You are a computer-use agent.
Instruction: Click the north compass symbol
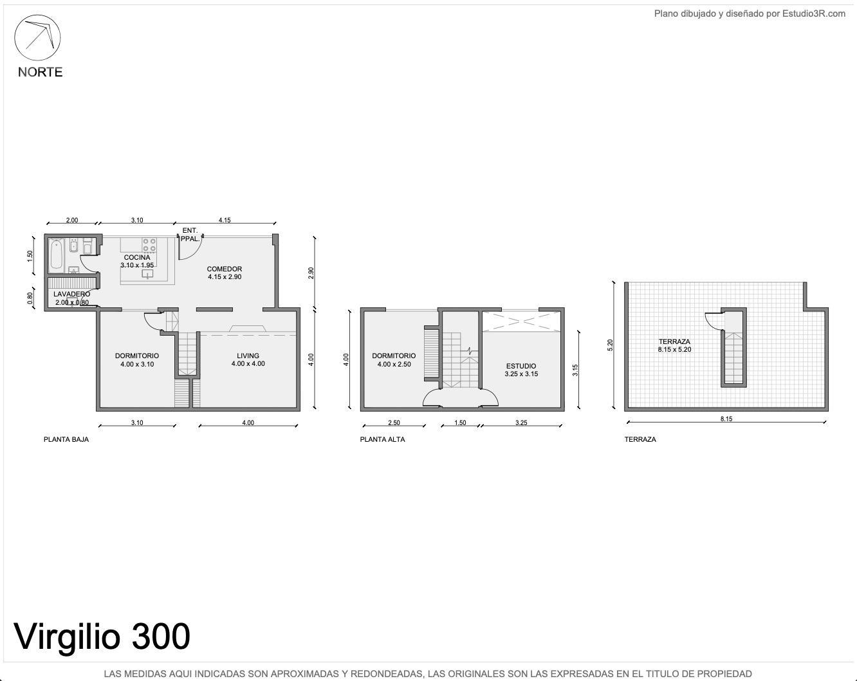pos(37,38)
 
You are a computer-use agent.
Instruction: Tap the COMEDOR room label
pos(224,269)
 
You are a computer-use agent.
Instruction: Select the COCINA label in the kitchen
pos(137,257)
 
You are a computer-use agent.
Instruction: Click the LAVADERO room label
pos(71,294)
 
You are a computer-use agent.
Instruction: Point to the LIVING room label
pos(248,356)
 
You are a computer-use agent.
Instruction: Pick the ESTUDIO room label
pos(521,366)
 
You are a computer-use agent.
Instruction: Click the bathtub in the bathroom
pos(56,253)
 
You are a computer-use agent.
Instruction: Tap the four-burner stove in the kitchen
pos(149,245)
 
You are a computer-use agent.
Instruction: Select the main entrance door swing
pos(190,248)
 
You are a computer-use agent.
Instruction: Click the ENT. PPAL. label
pos(190,235)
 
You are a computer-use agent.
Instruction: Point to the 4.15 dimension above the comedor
pos(225,220)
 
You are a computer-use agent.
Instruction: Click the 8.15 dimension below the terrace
pos(726,419)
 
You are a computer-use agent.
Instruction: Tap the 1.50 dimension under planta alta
pos(461,422)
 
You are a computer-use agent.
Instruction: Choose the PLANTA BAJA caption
pos(66,439)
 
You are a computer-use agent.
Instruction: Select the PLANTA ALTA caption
pos(382,439)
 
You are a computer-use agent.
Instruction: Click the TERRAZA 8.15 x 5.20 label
pos(674,345)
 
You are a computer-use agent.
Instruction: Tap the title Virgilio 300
pos(102,637)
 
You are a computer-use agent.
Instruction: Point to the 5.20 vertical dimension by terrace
pos(610,345)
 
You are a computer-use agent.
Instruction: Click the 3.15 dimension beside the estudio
pos(575,370)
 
